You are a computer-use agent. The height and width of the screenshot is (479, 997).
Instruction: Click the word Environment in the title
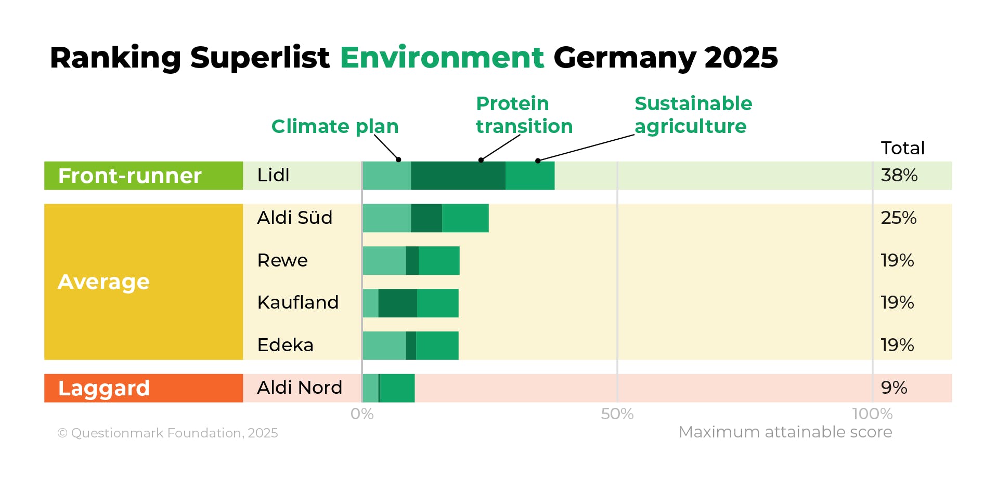pos(442,57)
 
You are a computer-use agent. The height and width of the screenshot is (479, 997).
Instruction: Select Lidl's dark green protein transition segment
pos(458,176)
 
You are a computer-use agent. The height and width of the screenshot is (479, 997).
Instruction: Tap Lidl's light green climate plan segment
pos(386,176)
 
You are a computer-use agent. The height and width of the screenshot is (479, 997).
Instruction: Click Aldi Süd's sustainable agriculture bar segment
pos(465,218)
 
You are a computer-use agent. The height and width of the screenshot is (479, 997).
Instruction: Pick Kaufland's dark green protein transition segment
pos(397,303)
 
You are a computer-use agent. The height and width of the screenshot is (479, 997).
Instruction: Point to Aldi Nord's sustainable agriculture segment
pos(397,388)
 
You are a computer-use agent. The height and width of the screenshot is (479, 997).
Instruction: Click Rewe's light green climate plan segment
pos(384,261)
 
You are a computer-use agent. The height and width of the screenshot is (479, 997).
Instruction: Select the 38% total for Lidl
pos(899,176)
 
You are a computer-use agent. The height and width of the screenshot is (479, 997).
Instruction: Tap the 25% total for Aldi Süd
pos(898,218)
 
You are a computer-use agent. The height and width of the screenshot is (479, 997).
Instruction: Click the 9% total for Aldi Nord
pos(894,388)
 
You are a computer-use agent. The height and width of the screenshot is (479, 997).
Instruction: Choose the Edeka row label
pos(285,345)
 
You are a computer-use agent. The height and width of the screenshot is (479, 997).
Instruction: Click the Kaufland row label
pos(297,303)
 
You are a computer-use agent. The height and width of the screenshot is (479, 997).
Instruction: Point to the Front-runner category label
pos(130,176)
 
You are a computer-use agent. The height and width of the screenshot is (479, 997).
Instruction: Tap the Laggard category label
pos(104,389)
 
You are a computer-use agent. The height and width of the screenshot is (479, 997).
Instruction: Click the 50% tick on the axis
pos(617,414)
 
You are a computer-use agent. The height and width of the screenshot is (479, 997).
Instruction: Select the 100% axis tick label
pos(872,414)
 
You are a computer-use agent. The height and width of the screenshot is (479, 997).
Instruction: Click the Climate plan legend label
pos(334,126)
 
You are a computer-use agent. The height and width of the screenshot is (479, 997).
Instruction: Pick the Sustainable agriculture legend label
pos(693,115)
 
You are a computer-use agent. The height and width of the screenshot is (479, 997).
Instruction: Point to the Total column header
pos(902,148)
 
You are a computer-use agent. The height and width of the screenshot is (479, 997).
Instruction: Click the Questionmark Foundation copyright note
pos(167,433)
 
